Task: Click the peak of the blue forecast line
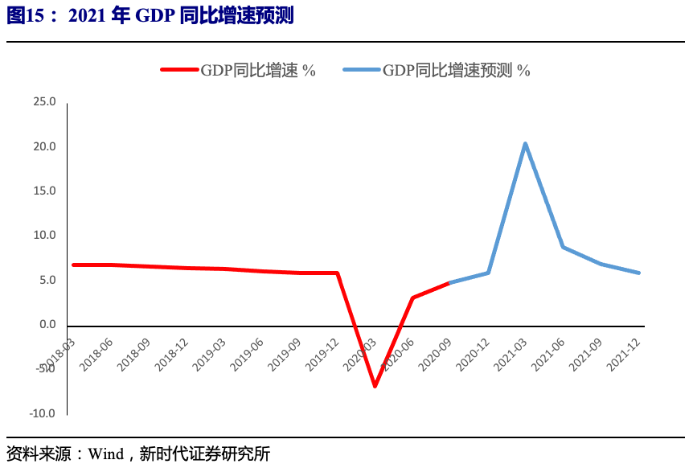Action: tap(525, 144)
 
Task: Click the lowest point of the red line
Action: tap(375, 386)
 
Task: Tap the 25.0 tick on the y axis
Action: tap(44, 102)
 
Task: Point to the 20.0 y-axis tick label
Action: tap(44, 146)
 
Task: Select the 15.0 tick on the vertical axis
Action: tap(44, 191)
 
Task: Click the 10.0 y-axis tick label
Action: tap(44, 236)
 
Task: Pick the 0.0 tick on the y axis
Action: tap(47, 325)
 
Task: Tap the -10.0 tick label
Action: tap(43, 413)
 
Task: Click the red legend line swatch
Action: tap(179, 70)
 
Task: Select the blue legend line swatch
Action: tap(361, 70)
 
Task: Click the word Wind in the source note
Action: tap(105, 454)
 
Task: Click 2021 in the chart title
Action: tap(86, 17)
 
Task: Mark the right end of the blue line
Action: tap(639, 273)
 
